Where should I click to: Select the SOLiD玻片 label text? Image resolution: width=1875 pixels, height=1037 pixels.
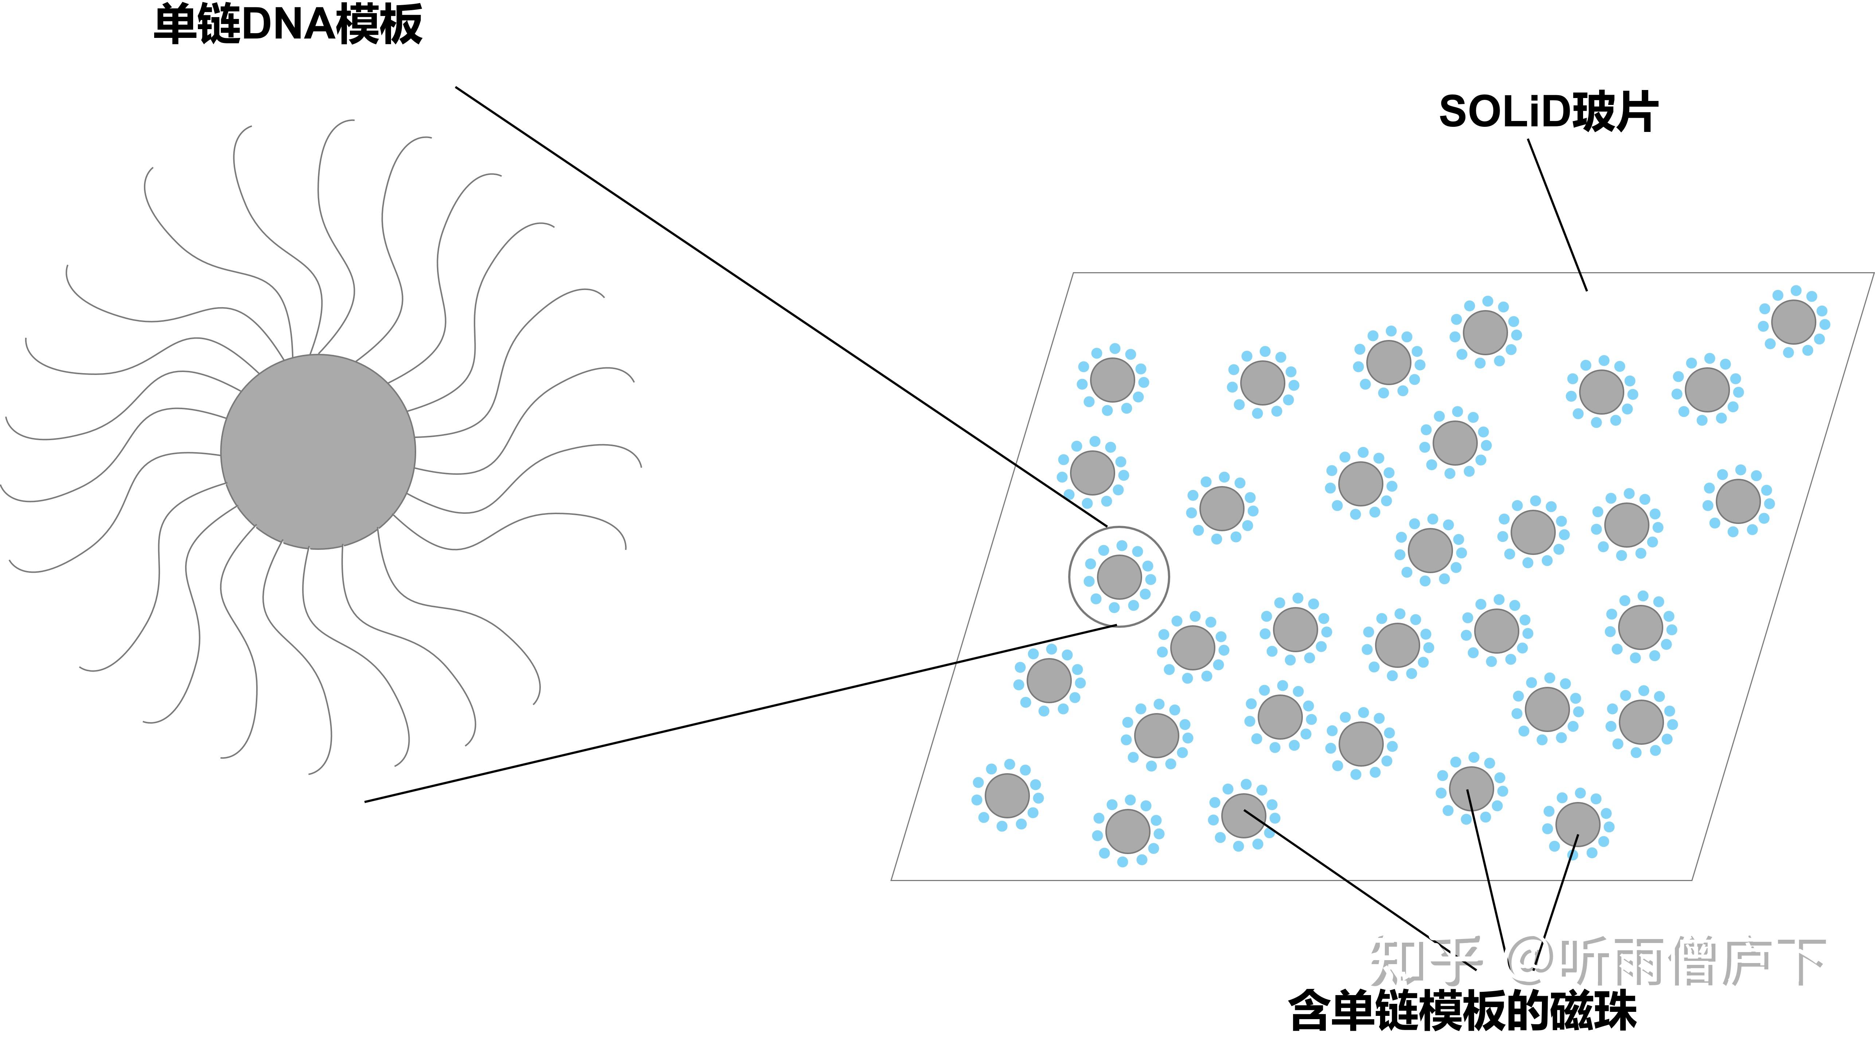(1548, 113)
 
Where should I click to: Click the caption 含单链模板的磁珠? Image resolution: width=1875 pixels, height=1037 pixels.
(1463, 1010)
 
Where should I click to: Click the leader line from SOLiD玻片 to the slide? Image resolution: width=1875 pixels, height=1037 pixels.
(1558, 215)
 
